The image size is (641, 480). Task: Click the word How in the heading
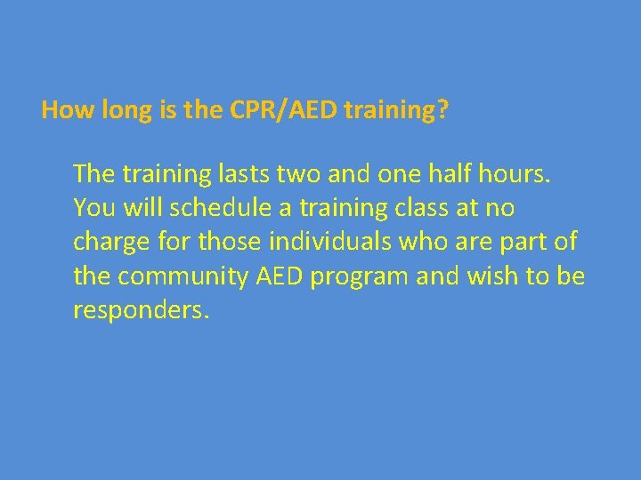point(61,110)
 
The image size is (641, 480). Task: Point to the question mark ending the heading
point(443,110)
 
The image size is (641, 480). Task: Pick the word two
point(293,172)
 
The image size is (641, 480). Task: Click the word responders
point(141,311)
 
